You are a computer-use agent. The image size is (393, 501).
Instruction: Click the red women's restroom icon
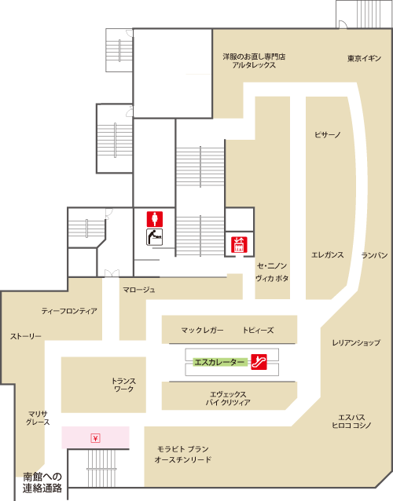pyautogui.click(x=155, y=219)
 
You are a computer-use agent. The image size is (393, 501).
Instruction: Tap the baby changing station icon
pyautogui.click(x=155, y=237)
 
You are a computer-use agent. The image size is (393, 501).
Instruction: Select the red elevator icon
pyautogui.click(x=239, y=244)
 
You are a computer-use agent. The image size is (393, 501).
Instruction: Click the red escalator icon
pyautogui.click(x=259, y=362)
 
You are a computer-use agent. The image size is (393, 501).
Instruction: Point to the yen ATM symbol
pyautogui.click(x=95, y=438)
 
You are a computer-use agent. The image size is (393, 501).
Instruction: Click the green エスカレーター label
pyautogui.click(x=220, y=362)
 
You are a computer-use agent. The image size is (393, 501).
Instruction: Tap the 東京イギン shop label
pyautogui.click(x=364, y=58)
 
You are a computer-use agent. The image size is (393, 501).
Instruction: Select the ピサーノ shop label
pyautogui.click(x=327, y=134)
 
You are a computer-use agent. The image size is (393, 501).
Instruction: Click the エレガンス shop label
pyautogui.click(x=327, y=255)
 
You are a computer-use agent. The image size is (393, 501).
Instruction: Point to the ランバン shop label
pyautogui.click(x=374, y=255)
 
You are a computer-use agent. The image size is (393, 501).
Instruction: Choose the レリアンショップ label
pyautogui.click(x=356, y=342)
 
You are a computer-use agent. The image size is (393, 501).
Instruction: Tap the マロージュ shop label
pyautogui.click(x=139, y=290)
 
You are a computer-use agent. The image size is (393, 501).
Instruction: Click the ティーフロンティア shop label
pyautogui.click(x=69, y=311)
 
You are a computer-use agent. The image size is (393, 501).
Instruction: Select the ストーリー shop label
pyautogui.click(x=26, y=336)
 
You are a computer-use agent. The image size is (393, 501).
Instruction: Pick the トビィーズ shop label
pyautogui.click(x=258, y=330)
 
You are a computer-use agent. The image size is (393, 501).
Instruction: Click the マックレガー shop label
pyautogui.click(x=202, y=330)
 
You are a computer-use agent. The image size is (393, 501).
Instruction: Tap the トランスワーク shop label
pyautogui.click(x=123, y=385)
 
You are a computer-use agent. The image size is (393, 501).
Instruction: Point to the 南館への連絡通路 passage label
pyautogui.click(x=42, y=482)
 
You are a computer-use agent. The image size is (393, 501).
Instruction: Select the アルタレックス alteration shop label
pyautogui.click(x=254, y=65)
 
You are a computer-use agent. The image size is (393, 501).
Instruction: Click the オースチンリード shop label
pyautogui.click(x=182, y=460)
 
